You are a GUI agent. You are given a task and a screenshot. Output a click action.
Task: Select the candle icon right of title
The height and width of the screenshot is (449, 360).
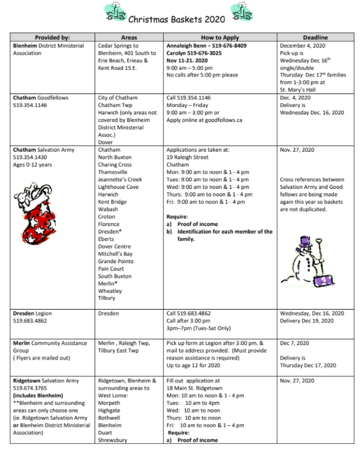pyautogui.click(x=242, y=12)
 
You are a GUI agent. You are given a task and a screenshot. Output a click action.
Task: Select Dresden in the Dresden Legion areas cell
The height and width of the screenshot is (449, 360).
pyautogui.click(x=110, y=313)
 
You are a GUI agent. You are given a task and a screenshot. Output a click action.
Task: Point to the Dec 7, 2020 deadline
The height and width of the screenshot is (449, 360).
pyautogui.click(x=294, y=343)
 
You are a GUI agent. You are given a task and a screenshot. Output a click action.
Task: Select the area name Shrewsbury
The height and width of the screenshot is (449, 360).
pyautogui.click(x=116, y=440)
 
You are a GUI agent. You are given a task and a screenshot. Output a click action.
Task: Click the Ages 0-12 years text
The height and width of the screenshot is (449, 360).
pyautogui.click(x=32, y=164)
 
